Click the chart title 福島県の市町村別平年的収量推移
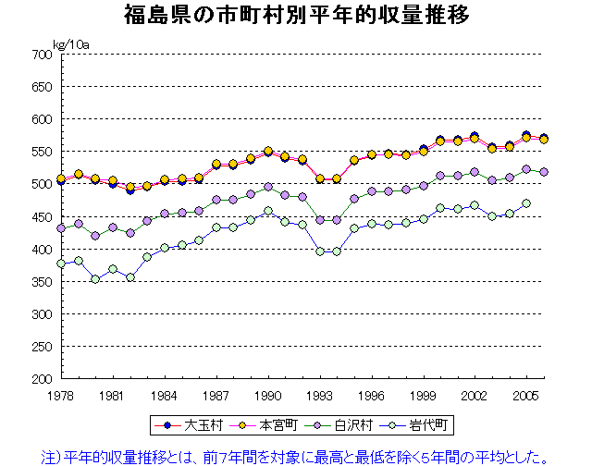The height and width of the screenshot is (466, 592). [295, 16]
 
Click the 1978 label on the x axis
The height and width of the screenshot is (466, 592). [61, 394]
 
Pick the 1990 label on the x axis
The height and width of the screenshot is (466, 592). [268, 394]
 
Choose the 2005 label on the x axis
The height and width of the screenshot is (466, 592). [527, 394]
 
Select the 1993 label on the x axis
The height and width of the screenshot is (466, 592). [320, 394]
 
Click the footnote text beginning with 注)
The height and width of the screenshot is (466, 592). [295, 455]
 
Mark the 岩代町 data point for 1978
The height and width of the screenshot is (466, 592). [61, 264]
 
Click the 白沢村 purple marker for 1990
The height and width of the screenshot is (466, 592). [268, 187]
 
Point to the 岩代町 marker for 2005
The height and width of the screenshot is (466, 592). [527, 203]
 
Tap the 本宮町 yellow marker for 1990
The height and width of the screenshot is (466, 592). [268, 152]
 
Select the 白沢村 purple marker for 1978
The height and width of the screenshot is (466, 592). [61, 227]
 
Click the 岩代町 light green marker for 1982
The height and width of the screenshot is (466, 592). [130, 276]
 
